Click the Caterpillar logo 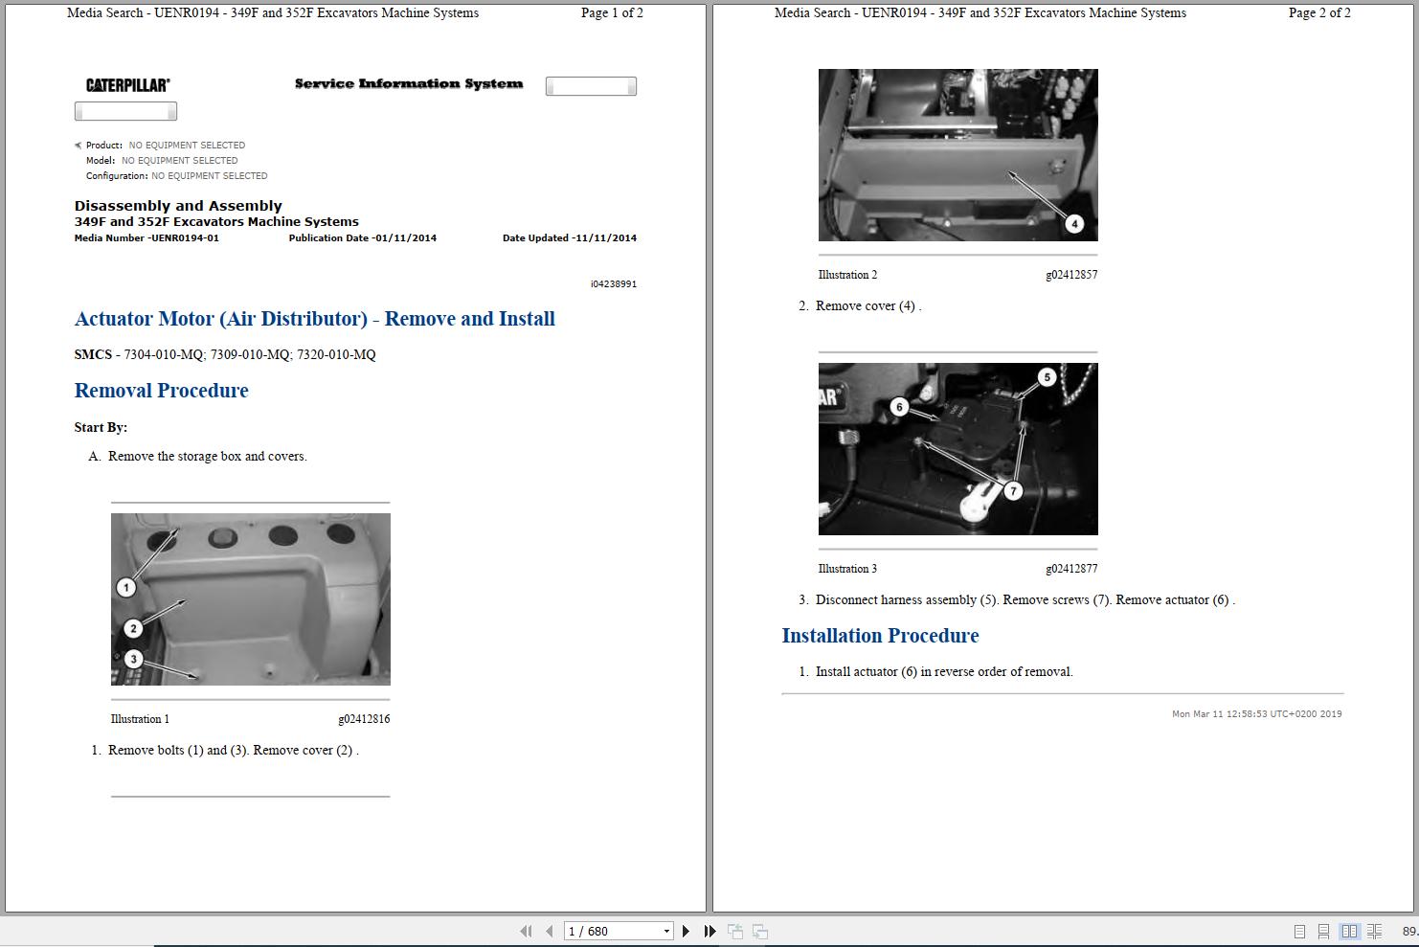point(127,85)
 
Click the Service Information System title point(409,84)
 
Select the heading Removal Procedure point(161,391)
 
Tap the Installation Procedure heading point(880,636)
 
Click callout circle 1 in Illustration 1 point(125,587)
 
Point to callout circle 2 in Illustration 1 point(133,628)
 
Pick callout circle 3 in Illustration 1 point(133,659)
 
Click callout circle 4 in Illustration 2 point(1074,223)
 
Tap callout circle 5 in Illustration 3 point(1047,377)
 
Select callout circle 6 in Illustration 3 point(898,407)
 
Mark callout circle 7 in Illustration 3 point(1013,491)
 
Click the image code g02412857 point(1071,275)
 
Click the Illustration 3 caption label point(847,569)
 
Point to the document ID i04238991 point(613,284)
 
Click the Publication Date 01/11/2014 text point(362,238)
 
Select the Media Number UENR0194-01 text point(146,238)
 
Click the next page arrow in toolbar point(686,931)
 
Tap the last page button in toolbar point(709,931)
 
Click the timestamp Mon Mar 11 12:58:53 point(1256,714)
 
